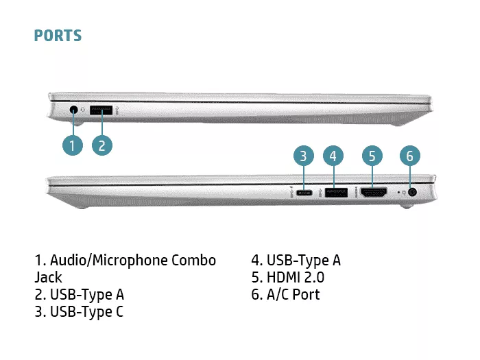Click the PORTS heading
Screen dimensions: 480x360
58,36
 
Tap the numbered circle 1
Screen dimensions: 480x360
72,145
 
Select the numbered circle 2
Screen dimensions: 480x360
102,145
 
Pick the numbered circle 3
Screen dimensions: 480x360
303,156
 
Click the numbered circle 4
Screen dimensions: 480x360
333,156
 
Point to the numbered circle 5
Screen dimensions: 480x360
372,156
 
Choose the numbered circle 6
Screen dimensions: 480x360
410,156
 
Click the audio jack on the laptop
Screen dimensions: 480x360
73,110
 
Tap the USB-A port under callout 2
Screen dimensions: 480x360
101,110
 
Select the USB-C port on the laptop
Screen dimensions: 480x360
304,193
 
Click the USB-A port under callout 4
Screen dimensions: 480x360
336,192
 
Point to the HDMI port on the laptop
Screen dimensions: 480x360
374,192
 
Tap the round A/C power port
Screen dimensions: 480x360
413,192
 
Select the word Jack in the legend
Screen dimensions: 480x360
48,277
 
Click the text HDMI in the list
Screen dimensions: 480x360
283,277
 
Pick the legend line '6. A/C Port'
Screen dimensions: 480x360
285,294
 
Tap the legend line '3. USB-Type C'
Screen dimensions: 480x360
79,311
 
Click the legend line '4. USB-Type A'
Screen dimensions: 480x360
296,261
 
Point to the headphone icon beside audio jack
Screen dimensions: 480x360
82,110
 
